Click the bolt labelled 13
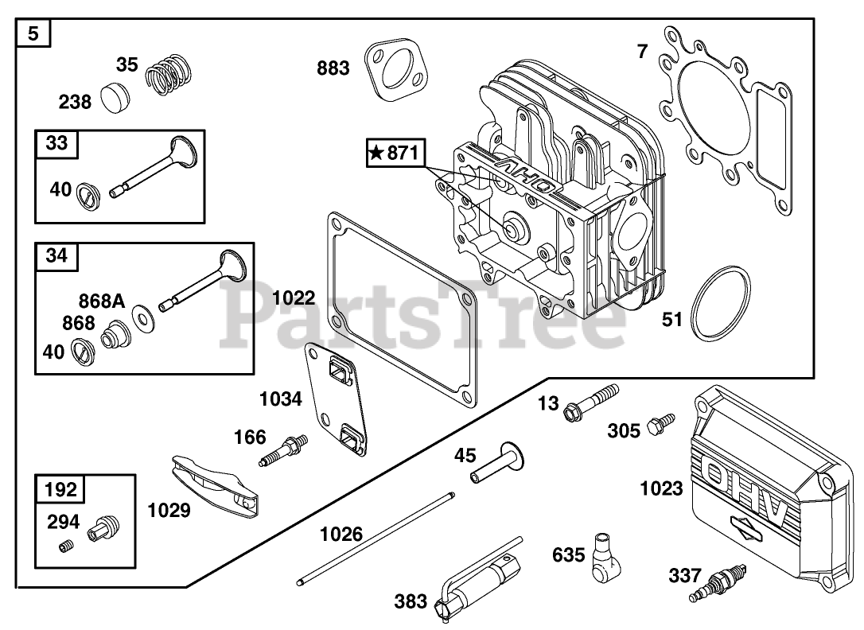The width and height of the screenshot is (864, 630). pos(590,402)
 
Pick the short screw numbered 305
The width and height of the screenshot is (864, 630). pos(660,424)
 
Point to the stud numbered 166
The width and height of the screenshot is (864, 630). pos(283,450)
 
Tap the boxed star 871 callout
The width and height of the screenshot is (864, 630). pos(395,153)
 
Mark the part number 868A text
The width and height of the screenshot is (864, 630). pos(102,301)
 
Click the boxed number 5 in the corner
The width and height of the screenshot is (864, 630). pos(33,34)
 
